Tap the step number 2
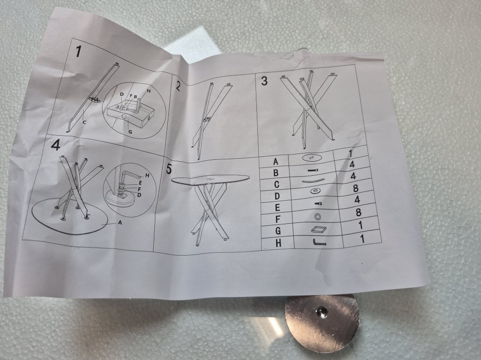(177, 86)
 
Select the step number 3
(264, 81)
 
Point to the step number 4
(55, 145)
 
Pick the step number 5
(169, 169)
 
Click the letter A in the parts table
(276, 161)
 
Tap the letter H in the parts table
(278, 243)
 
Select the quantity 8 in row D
(355, 188)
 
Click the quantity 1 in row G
(360, 225)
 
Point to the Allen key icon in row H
(319, 243)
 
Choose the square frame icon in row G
(316, 229)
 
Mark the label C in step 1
(85, 122)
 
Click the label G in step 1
(130, 132)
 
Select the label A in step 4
(120, 223)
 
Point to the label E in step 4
(140, 182)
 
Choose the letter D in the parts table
(277, 196)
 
